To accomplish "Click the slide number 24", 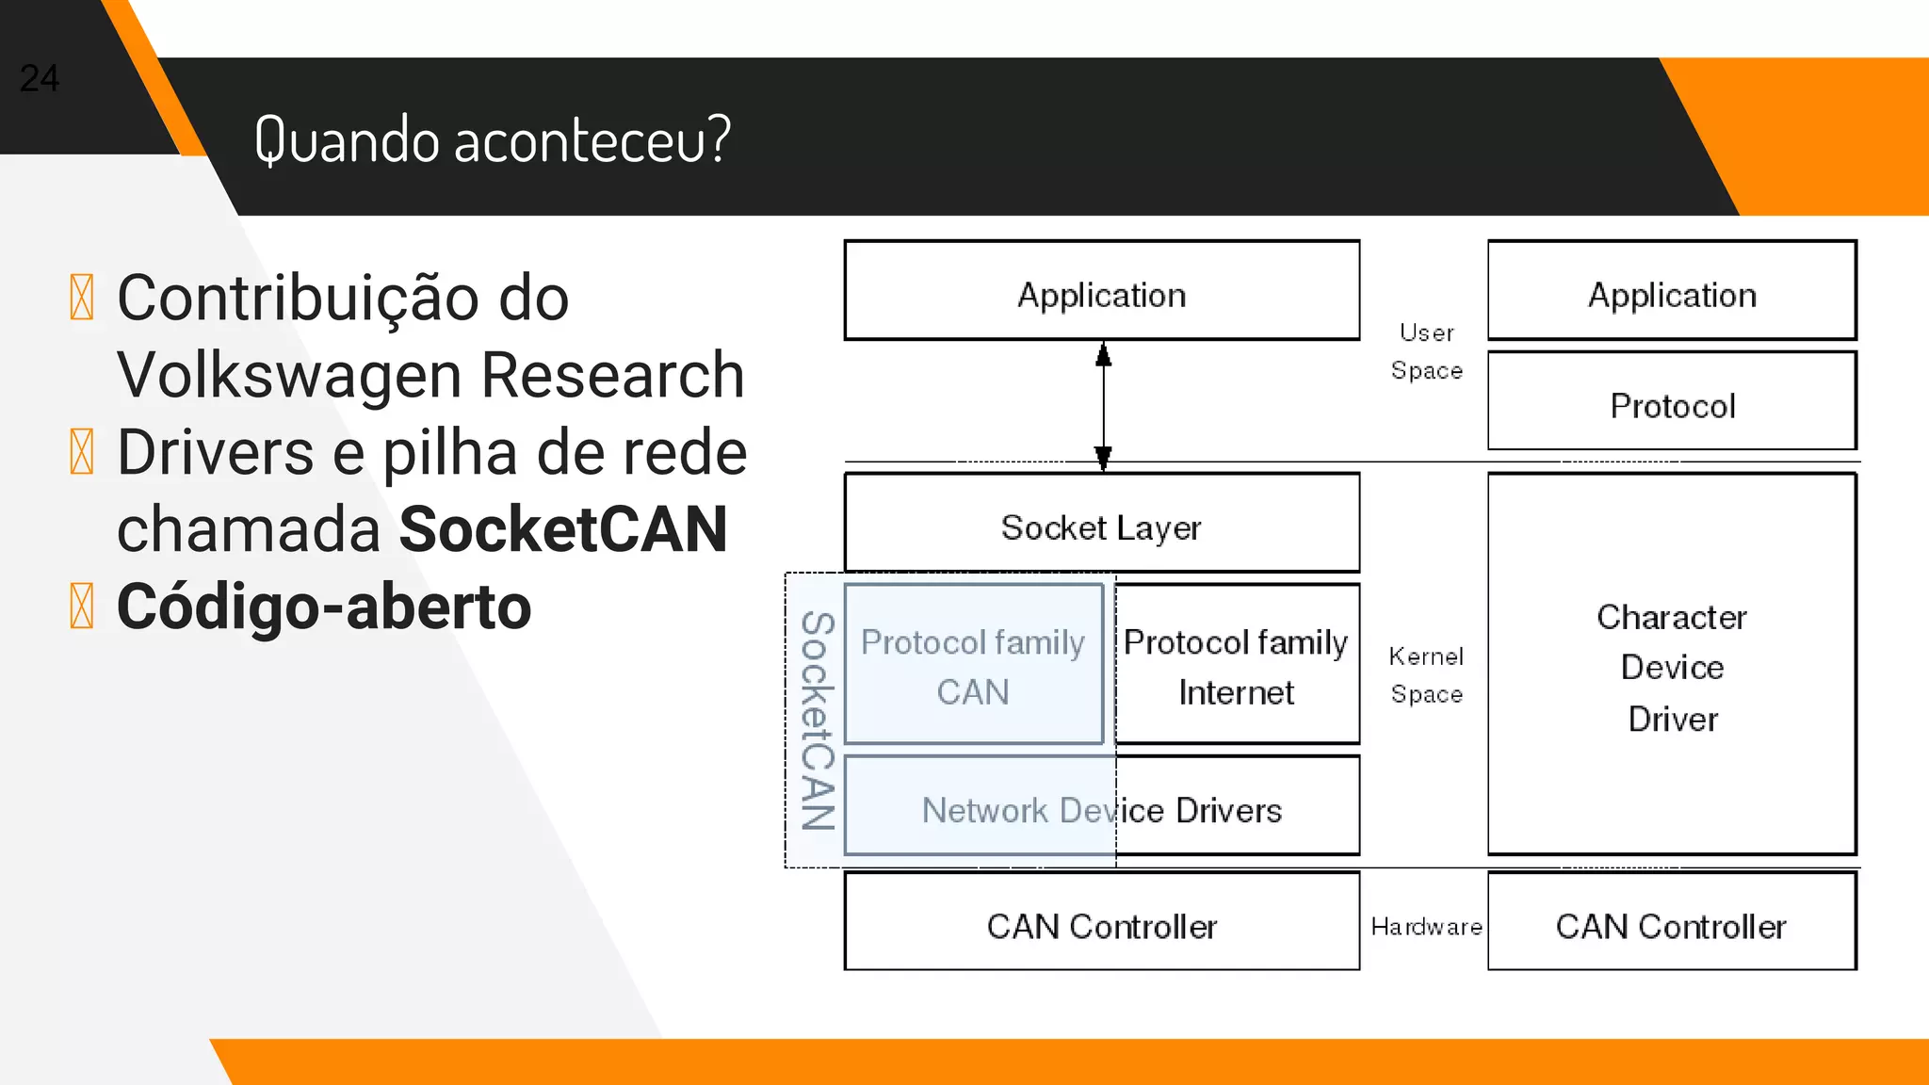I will tap(40, 78).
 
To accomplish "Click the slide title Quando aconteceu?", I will tap(492, 139).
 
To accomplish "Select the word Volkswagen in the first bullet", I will tap(291, 375).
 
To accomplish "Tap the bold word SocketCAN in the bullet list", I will tap(563, 529).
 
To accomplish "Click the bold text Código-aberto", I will tap(324, 607).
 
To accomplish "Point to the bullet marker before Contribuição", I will tap(82, 298).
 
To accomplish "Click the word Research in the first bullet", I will tap(613, 375).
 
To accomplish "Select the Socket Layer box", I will tap(1101, 524).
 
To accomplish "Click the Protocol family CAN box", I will tap(973, 665).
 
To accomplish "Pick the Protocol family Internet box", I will tap(1236, 665).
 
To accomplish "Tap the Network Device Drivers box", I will tap(1101, 808).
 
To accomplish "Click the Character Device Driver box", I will tap(1672, 665).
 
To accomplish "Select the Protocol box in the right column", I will tap(1672, 403).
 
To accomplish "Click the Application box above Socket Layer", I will tap(1101, 292).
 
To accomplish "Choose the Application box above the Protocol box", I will tap(1672, 292).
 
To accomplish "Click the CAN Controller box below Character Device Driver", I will tap(1672, 923).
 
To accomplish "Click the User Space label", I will tap(1426, 351).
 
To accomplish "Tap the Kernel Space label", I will tap(1426, 674).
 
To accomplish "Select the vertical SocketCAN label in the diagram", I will tap(817, 721).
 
